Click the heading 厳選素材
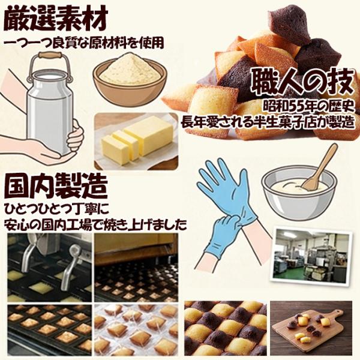(56, 18)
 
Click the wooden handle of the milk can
(50, 56)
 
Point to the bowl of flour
(130, 79)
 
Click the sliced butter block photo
(136, 141)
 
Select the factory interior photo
(311, 256)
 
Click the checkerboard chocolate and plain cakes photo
(226, 328)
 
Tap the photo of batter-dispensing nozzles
(50, 268)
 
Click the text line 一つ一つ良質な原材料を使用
(84, 43)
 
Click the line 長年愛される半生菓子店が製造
(267, 122)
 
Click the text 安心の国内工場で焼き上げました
(95, 225)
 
